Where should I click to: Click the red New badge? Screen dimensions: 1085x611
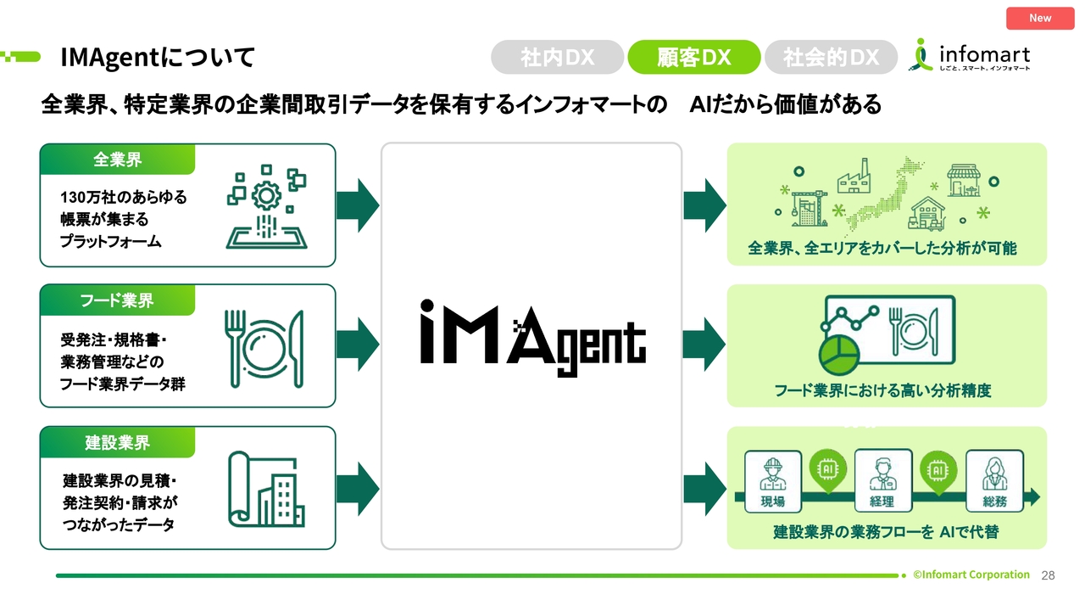click(1040, 19)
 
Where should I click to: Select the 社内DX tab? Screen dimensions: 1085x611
click(557, 57)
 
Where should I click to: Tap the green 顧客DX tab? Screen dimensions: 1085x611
click(693, 57)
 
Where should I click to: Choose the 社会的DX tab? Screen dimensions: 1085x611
click(831, 57)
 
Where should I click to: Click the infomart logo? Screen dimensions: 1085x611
click(969, 55)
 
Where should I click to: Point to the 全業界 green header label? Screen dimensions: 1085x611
click(117, 159)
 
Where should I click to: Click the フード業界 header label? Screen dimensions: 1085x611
click(117, 300)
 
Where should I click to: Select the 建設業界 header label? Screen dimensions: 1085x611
click(117, 442)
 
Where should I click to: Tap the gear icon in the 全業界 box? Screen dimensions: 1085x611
click(266, 196)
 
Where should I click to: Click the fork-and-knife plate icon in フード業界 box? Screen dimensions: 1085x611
click(264, 349)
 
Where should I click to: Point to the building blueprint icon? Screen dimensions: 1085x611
click(266, 490)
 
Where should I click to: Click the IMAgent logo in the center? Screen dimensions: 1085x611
click(532, 338)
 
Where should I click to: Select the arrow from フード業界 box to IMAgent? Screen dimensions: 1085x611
click(357, 345)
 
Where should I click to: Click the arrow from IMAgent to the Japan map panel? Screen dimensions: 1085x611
click(704, 205)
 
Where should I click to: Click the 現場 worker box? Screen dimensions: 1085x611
click(772, 481)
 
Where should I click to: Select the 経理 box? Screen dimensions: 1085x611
click(883, 480)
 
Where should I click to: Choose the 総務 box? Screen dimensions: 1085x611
click(994, 481)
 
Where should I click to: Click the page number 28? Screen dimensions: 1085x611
click(1048, 575)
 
